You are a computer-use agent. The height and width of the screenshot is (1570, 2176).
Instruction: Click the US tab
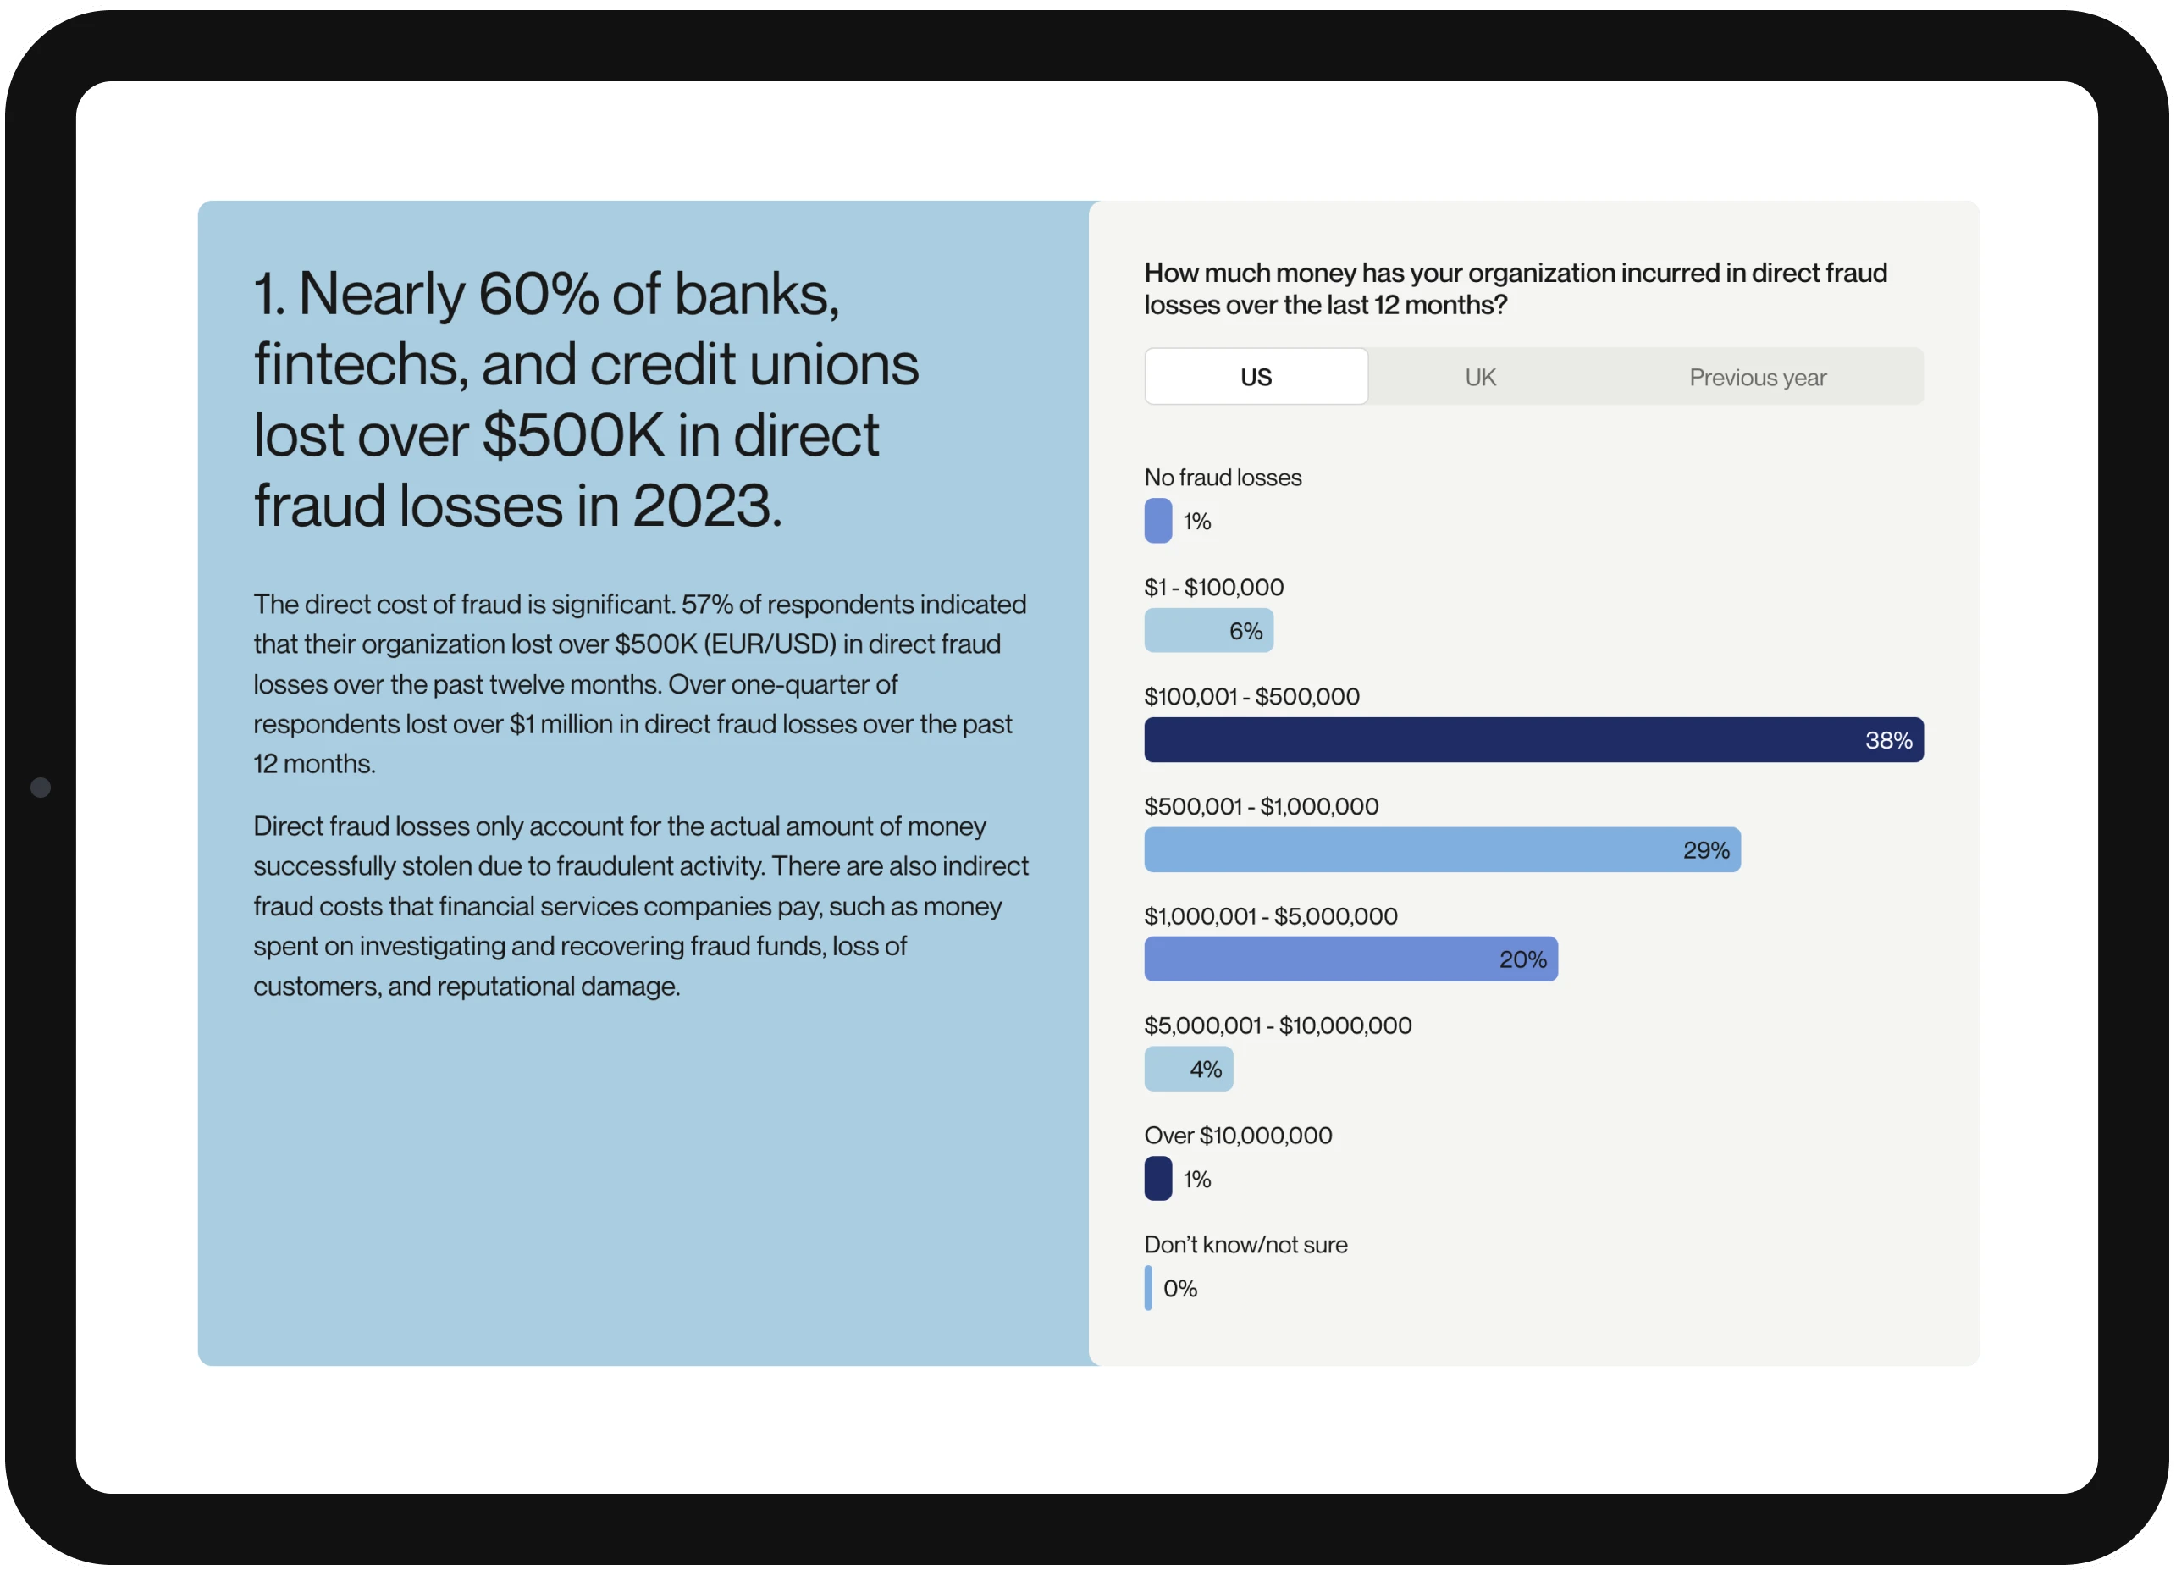point(1255,376)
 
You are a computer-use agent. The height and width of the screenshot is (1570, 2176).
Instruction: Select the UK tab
point(1479,377)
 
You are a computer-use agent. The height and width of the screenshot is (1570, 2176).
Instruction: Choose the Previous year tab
point(1757,377)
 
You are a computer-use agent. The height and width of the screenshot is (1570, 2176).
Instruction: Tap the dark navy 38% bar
point(1533,740)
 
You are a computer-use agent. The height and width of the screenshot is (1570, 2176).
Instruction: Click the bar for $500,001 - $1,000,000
point(1441,849)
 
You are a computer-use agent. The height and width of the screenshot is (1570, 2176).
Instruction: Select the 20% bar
point(1350,959)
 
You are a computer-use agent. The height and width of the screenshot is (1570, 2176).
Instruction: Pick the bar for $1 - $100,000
point(1208,631)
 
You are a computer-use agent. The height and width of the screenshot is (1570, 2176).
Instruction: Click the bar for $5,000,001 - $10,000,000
point(1188,1069)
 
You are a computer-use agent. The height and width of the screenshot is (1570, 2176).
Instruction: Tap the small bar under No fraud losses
point(1157,521)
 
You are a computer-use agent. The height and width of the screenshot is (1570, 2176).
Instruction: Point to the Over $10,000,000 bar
point(1157,1179)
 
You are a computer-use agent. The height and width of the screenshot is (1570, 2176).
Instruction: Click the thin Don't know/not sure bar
point(1147,1288)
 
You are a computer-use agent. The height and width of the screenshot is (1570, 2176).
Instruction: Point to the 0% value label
point(1180,1289)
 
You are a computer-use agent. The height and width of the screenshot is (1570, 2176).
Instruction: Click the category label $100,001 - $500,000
point(1251,697)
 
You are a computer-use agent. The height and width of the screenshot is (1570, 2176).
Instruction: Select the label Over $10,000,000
point(1238,1136)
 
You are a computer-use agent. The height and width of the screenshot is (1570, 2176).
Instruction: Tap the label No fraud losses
point(1223,478)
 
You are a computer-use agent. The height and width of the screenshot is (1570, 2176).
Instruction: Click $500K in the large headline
point(572,434)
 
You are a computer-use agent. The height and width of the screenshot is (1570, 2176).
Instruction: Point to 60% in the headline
point(538,294)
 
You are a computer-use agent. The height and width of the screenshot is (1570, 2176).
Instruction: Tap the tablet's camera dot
point(41,787)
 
